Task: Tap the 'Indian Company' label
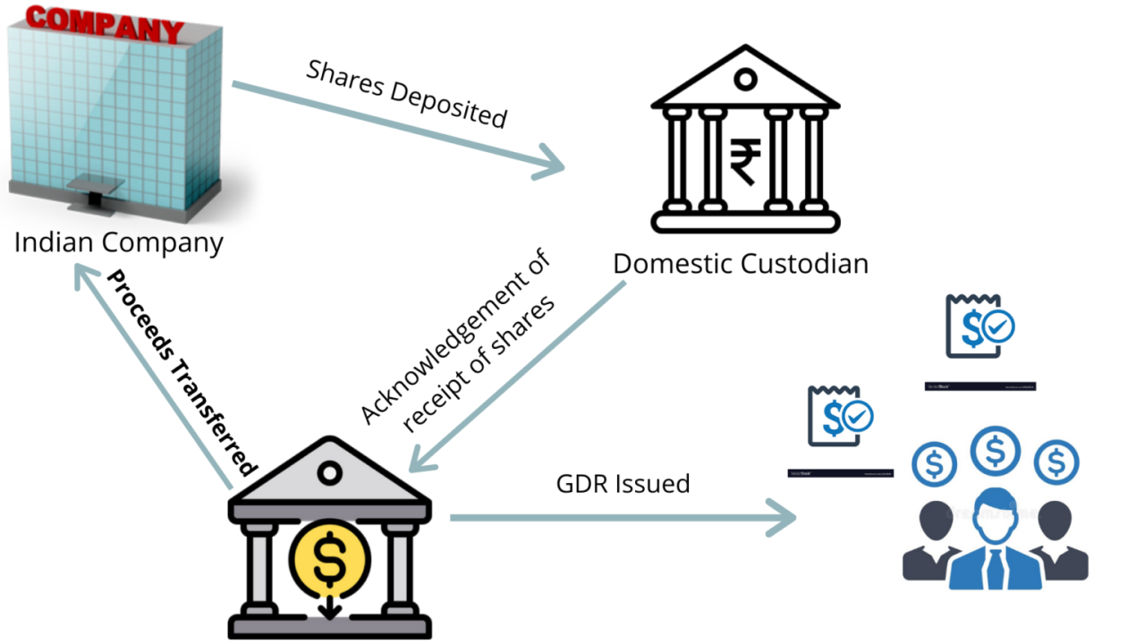(x=118, y=241)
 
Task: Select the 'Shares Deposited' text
(x=407, y=95)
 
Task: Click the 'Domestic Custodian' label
(x=740, y=264)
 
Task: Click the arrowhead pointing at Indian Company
(x=85, y=276)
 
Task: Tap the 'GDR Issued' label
(x=623, y=484)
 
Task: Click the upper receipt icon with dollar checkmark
(x=979, y=326)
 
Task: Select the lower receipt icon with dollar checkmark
(x=839, y=416)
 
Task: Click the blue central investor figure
(x=994, y=542)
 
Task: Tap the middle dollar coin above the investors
(x=995, y=449)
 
